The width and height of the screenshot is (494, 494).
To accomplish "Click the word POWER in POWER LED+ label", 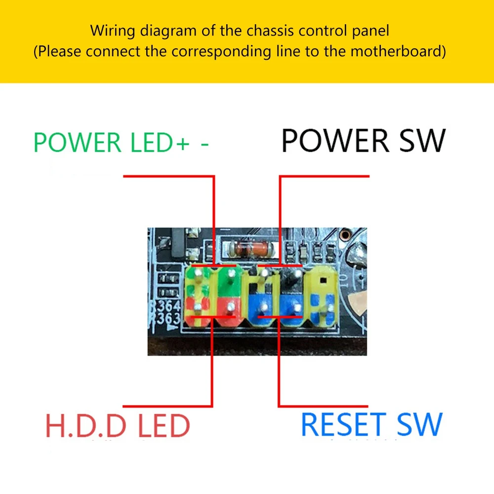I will (x=77, y=142).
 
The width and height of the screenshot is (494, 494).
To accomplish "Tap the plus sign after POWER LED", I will (x=183, y=143).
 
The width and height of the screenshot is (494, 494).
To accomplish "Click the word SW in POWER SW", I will (x=418, y=141).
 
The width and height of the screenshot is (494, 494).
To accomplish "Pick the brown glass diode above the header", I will (x=248, y=248).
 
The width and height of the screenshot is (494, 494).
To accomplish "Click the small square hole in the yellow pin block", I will (x=323, y=280).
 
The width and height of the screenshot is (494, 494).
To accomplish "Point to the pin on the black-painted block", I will (x=296, y=275).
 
